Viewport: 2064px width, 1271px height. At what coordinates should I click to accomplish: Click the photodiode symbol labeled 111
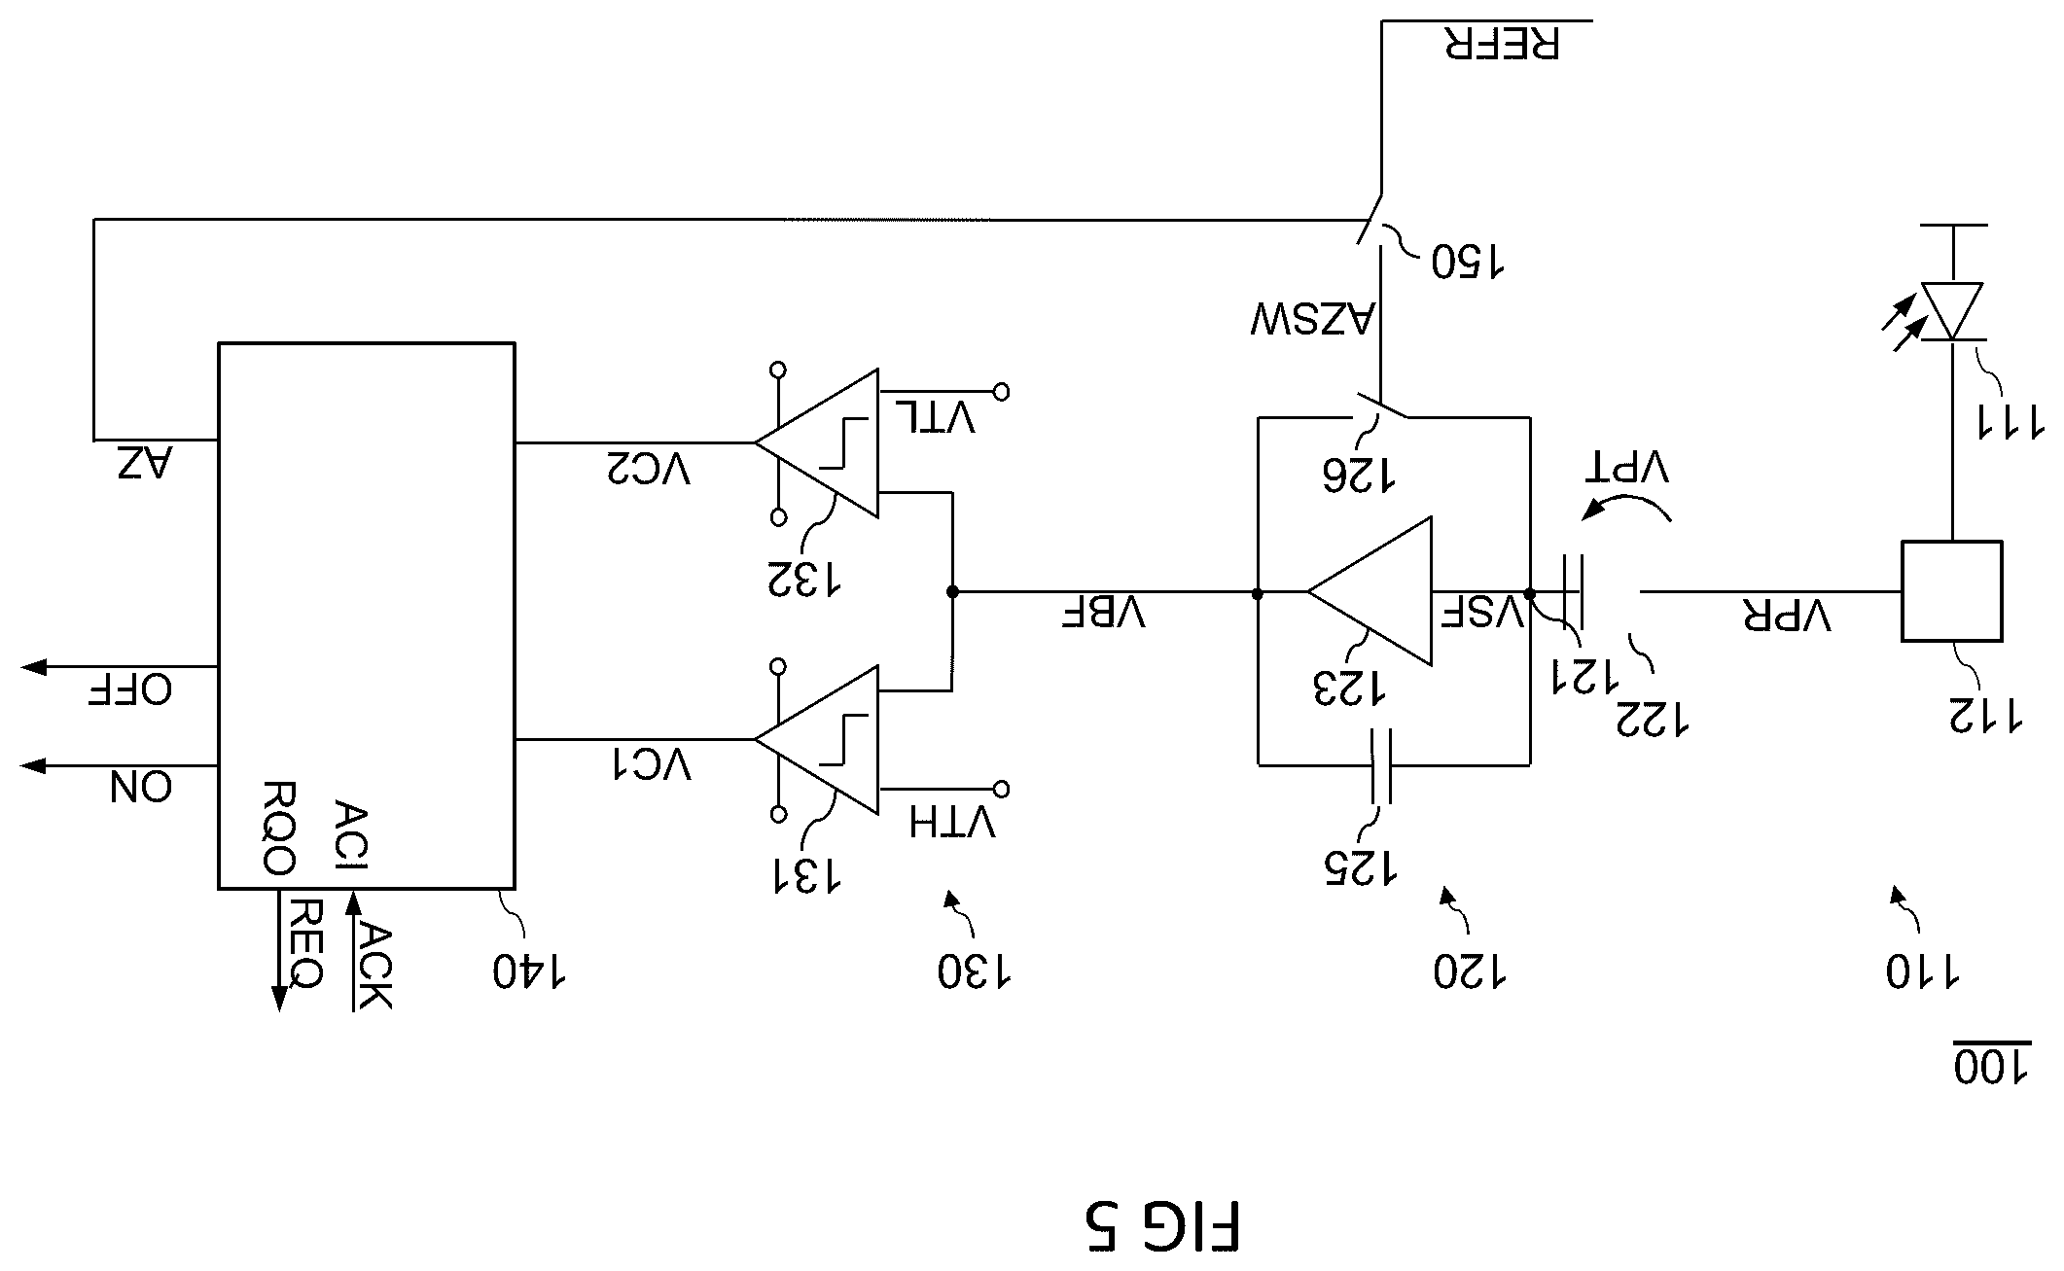click(1951, 311)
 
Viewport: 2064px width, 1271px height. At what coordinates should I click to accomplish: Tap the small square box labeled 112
click(1951, 591)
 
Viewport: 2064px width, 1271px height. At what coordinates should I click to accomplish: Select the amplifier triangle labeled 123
click(1370, 591)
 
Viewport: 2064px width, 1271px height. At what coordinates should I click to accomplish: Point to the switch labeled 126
click(1381, 408)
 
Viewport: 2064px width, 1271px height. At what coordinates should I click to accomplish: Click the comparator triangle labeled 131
click(817, 739)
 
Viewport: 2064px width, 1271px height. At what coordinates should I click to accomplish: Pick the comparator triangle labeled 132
click(817, 442)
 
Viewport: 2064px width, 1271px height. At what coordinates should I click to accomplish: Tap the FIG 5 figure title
click(1162, 1226)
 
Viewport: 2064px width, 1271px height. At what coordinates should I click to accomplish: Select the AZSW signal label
click(1312, 319)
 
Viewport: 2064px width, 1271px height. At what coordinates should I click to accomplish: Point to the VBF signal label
click(1102, 613)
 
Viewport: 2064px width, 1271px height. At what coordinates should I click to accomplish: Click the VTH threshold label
click(952, 823)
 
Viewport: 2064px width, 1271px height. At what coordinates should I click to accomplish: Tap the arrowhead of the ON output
click(33, 765)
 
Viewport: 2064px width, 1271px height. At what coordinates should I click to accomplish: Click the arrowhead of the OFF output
click(33, 666)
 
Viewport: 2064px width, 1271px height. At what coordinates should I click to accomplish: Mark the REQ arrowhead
click(279, 999)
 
